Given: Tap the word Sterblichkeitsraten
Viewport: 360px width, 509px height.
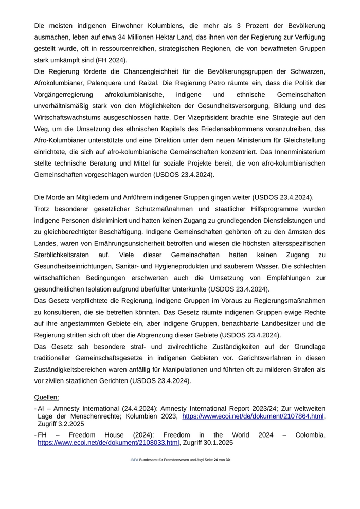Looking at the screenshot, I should point(63,255).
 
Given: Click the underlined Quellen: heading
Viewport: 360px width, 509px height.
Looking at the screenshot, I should point(47,397).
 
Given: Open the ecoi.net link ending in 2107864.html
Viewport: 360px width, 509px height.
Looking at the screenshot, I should point(254,416).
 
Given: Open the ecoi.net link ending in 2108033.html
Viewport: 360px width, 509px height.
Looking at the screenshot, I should point(108,442).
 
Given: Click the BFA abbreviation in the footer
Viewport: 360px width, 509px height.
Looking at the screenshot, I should point(134,460).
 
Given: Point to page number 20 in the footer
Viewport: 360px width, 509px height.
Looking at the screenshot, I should point(216,460).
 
